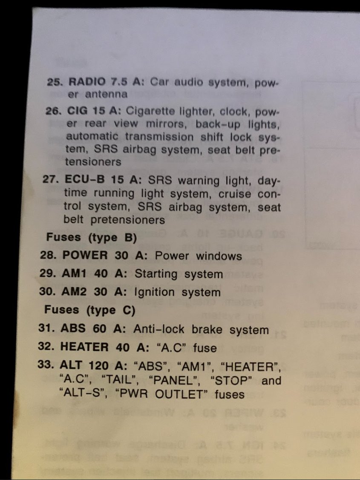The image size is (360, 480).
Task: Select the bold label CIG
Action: coord(77,111)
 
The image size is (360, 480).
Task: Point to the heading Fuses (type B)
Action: coord(91,237)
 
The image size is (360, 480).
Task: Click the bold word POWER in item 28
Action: coord(85,256)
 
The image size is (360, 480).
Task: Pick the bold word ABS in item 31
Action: coord(73,329)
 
